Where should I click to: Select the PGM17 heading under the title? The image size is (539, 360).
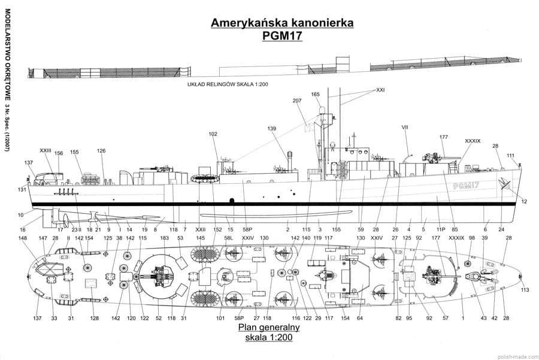[281, 36]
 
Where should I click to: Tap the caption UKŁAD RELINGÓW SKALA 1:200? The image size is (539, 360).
[227, 85]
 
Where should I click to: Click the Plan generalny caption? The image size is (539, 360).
[269, 328]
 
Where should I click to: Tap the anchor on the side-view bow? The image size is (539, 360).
[504, 184]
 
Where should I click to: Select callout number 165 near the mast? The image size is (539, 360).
[316, 94]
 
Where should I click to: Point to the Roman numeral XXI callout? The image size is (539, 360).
[380, 90]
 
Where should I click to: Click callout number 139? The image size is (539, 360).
[272, 129]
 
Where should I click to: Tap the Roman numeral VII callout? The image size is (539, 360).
[405, 127]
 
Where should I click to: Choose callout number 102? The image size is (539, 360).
[213, 134]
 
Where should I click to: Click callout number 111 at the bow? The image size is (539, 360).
[510, 155]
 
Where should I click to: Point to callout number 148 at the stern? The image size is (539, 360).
[23, 238]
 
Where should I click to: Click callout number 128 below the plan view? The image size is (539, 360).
[94, 318]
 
